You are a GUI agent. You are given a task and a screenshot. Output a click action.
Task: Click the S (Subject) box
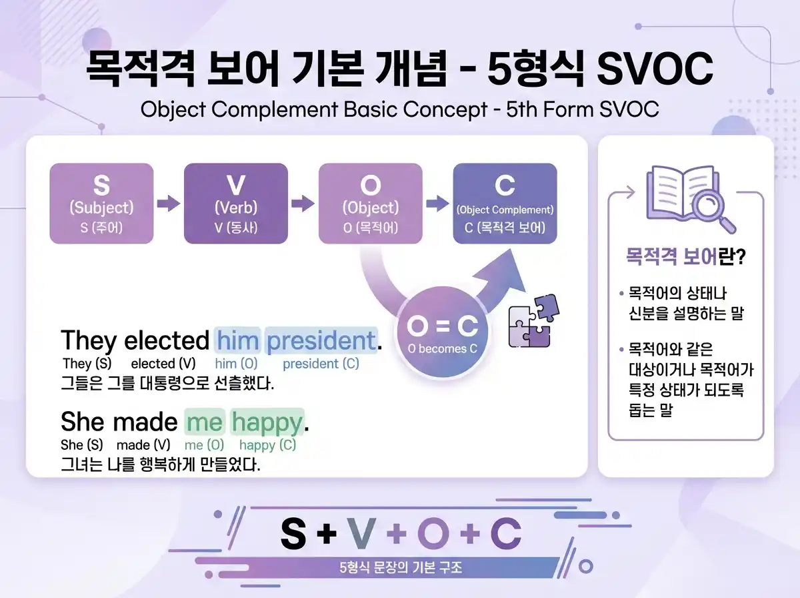tap(101, 204)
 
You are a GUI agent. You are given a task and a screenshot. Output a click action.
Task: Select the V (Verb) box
tap(236, 204)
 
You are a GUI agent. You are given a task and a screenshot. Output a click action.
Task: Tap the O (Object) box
tap(370, 204)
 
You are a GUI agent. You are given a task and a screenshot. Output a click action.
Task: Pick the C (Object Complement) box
tap(505, 204)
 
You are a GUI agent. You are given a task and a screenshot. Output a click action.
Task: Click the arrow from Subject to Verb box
tap(169, 204)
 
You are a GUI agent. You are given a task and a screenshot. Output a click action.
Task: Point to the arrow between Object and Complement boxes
tap(437, 204)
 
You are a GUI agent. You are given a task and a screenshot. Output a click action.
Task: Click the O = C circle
tap(443, 332)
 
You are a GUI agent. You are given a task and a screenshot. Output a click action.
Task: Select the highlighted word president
tap(321, 340)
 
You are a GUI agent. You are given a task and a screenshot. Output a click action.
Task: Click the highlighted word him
tap(237, 340)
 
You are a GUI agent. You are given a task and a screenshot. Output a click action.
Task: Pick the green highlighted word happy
tap(267, 422)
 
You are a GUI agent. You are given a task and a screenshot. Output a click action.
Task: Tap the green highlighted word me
tap(204, 422)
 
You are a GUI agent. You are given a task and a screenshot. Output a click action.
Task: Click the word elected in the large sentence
tap(167, 340)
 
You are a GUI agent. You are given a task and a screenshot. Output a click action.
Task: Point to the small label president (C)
tap(321, 364)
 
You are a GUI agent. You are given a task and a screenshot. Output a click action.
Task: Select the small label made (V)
tap(143, 445)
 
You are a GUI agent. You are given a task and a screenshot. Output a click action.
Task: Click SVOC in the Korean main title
tap(655, 69)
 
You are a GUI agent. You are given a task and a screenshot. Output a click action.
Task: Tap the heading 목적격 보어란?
tap(685, 257)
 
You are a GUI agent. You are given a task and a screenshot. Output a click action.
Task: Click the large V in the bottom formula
tap(361, 533)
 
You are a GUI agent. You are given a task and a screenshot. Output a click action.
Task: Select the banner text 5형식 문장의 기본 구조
tap(400, 569)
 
